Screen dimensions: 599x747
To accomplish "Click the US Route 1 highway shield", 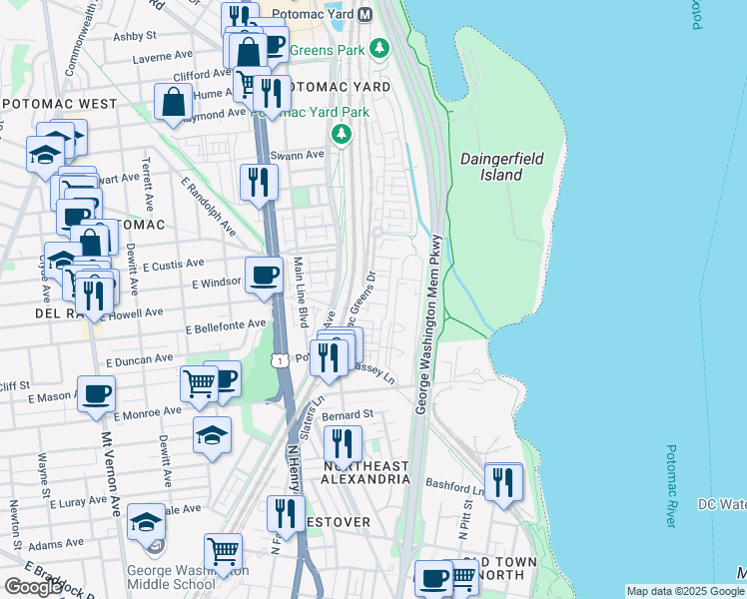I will pyautogui.click(x=281, y=359).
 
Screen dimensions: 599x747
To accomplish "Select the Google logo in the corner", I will pyautogui.click(x=33, y=587).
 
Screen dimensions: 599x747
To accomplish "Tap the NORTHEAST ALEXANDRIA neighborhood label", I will pyautogui.click(x=366, y=472).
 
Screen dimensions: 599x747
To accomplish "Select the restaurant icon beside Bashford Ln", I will pyautogui.click(x=503, y=483).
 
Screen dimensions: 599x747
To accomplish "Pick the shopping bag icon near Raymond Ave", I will pyautogui.click(x=174, y=102).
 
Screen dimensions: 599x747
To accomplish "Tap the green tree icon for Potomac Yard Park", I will pyautogui.click(x=342, y=134).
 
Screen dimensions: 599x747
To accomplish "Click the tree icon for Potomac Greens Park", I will pyautogui.click(x=378, y=47).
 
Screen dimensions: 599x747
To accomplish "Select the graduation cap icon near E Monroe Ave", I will pyautogui.click(x=212, y=434).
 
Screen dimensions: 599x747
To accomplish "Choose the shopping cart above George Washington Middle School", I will pyautogui.click(x=223, y=552).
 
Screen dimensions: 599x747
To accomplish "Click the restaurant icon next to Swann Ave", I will pyautogui.click(x=258, y=183).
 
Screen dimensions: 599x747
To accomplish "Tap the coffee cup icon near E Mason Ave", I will pyautogui.click(x=96, y=393).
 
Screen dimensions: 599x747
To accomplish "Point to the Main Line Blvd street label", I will pyautogui.click(x=301, y=292).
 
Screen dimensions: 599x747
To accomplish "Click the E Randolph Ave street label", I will pyautogui.click(x=208, y=208).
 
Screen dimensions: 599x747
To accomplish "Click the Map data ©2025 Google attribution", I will pyautogui.click(x=685, y=591).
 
